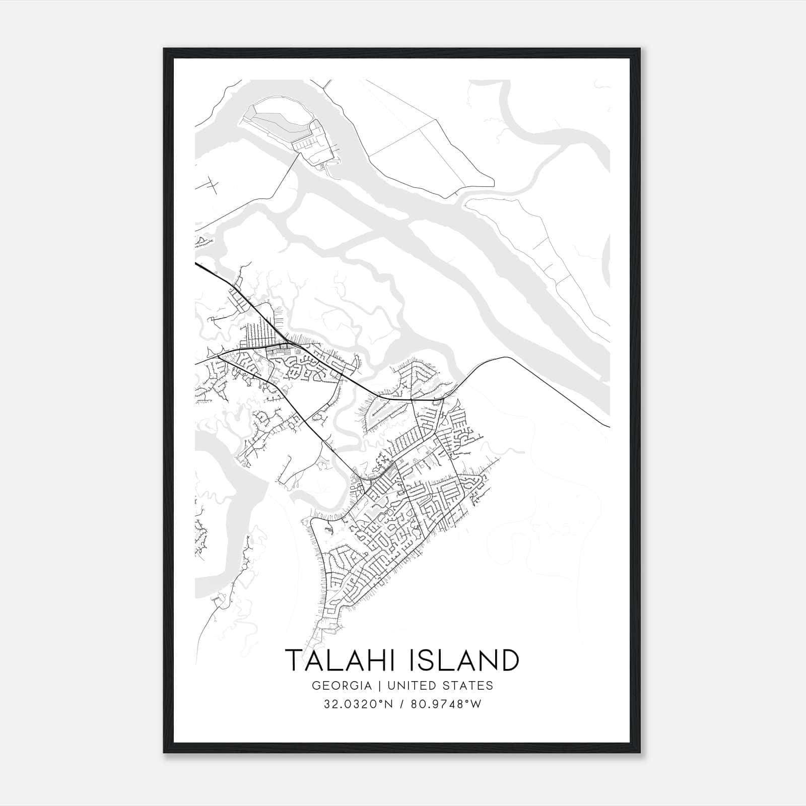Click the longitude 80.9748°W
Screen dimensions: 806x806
pyautogui.click(x=446, y=704)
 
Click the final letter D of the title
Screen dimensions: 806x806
pyautogui.click(x=509, y=660)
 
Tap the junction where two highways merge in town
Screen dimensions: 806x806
pyautogui.click(x=286, y=344)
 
